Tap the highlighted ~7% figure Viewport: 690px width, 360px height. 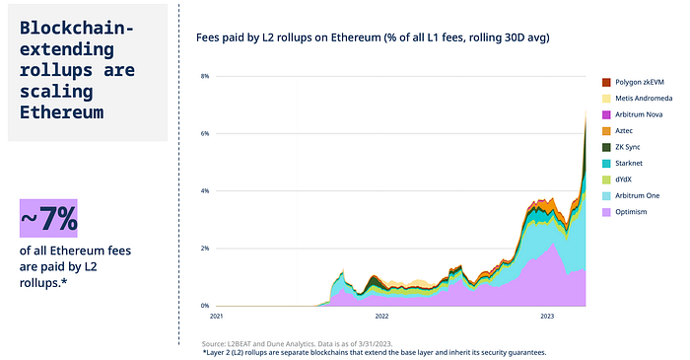pos(49,219)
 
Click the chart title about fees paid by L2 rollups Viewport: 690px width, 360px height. pos(373,37)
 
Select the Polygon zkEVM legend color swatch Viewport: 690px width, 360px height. pos(606,82)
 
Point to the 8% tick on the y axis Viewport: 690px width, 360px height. pos(204,76)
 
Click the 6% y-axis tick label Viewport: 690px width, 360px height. pos(204,133)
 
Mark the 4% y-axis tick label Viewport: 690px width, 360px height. pos(204,190)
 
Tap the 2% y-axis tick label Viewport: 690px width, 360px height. pos(204,249)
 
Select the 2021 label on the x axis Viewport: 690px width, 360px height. pos(217,318)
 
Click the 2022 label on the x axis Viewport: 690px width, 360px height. pos(381,318)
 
